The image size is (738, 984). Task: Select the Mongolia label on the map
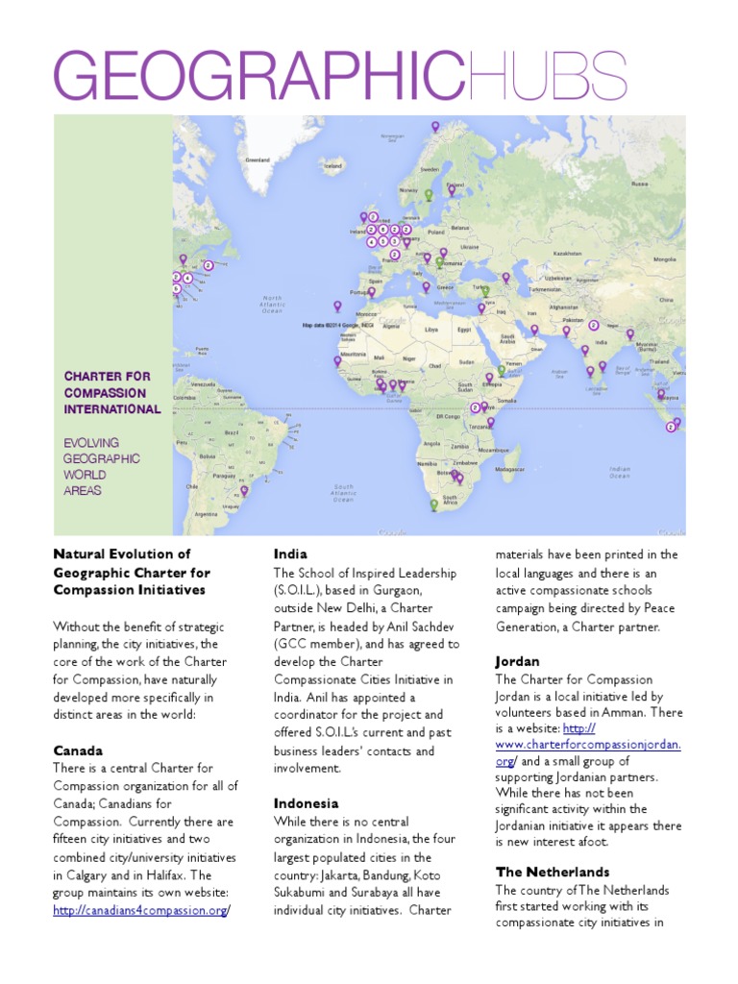(665, 258)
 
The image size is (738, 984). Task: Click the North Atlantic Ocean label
(273, 305)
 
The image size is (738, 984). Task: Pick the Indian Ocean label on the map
(620, 472)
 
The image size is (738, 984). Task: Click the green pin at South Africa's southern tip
(433, 504)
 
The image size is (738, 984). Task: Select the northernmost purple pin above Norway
(434, 127)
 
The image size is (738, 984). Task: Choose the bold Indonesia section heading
(306, 803)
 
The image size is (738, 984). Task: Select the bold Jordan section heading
(517, 662)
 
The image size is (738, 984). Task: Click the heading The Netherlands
(553, 872)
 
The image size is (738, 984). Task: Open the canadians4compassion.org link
(140, 910)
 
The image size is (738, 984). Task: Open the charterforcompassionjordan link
(588, 744)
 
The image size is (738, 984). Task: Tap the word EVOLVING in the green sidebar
(91, 443)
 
